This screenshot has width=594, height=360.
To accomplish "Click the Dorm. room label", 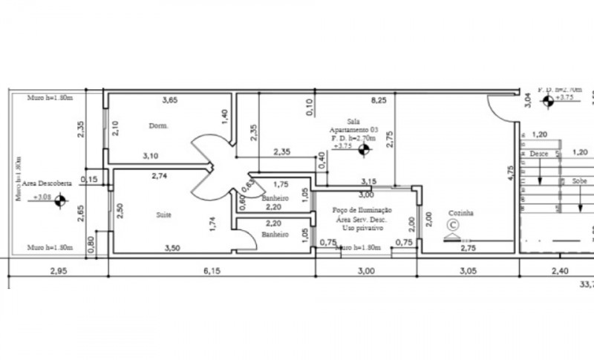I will [x=157, y=125].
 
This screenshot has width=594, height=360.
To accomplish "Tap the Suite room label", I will [x=163, y=215].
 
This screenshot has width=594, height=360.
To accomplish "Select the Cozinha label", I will [x=460, y=213].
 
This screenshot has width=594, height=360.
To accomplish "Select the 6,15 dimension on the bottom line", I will [x=212, y=272].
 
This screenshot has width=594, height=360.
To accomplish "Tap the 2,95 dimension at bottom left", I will [x=58, y=272].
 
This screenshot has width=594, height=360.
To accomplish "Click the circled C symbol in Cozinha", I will [x=452, y=224].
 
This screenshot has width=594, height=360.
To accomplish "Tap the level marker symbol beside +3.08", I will [x=60, y=200].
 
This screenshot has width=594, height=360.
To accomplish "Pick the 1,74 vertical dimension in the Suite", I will [x=213, y=223].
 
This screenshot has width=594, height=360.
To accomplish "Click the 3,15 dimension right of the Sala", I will [x=368, y=181].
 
